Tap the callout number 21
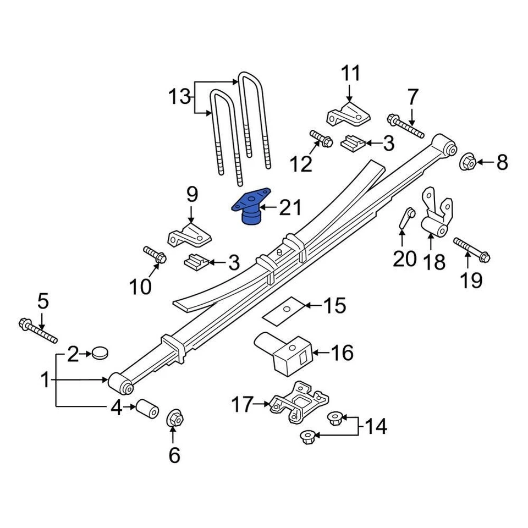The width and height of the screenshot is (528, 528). (x=290, y=208)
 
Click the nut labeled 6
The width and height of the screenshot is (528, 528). (x=175, y=420)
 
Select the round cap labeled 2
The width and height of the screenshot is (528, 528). (x=100, y=352)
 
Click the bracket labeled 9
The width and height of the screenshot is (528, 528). (x=190, y=235)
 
